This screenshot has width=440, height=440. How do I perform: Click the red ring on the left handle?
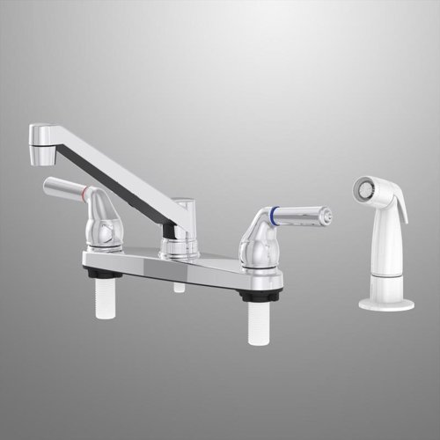tap(84, 192)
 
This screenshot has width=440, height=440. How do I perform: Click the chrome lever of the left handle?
tap(62, 186)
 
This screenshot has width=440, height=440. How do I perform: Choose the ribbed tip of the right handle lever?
tap(323, 214)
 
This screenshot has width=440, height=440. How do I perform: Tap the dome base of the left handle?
tap(104, 231)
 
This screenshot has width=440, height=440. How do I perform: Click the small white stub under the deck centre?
tap(179, 287)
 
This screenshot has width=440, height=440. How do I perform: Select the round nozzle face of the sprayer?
tap(363, 190)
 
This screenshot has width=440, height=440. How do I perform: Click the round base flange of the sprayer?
tap(385, 304)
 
